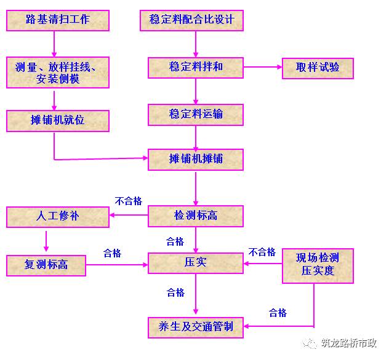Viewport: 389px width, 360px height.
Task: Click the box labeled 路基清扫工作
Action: click(58, 20)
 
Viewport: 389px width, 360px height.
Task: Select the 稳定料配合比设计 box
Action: click(191, 20)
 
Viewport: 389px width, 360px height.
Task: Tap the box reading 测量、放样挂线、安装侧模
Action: click(58, 72)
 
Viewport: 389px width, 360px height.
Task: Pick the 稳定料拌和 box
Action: click(196, 68)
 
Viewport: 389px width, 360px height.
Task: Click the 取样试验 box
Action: click(318, 68)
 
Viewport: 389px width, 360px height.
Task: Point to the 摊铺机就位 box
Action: click(58, 121)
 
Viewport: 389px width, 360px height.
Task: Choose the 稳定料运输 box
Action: click(196, 115)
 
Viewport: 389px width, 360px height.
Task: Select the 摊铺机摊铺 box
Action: click(196, 160)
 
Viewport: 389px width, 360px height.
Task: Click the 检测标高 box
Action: click(196, 216)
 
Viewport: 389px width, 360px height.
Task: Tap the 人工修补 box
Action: click(58, 217)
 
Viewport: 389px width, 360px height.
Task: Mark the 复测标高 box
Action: click(46, 265)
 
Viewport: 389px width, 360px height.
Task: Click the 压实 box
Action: click(196, 263)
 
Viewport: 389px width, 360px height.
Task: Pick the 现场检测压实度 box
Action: click(318, 266)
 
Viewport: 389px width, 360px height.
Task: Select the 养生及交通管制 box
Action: click(196, 327)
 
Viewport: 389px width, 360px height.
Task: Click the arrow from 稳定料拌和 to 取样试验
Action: click(263, 67)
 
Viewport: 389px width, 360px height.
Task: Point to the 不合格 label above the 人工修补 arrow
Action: click(129, 201)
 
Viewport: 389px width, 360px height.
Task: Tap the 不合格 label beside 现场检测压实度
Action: click(262, 252)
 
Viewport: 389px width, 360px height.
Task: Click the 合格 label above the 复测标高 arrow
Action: click(113, 253)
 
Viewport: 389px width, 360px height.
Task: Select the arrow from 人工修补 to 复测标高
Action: click(46, 241)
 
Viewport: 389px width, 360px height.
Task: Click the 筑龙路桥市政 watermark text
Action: click(349, 343)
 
